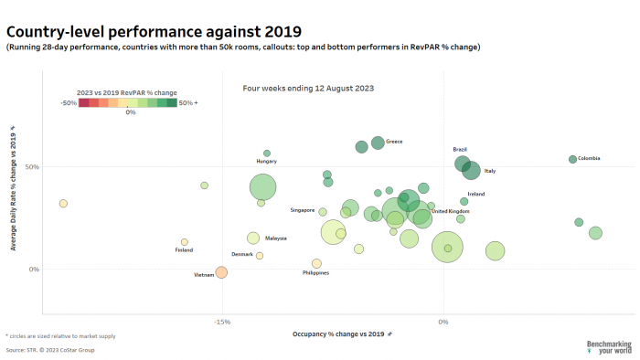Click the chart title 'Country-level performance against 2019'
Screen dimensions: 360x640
[x=154, y=32]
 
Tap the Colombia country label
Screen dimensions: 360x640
[x=589, y=159]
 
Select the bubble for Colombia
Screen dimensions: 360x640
[x=572, y=159]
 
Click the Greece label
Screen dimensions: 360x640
[x=394, y=142]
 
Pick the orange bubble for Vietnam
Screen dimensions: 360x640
[x=221, y=272]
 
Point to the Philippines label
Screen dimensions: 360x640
[x=315, y=272]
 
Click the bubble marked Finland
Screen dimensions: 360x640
[x=185, y=242]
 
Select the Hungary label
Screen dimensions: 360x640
[x=266, y=162]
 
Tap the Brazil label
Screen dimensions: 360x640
[x=460, y=149]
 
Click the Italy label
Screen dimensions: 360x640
[x=490, y=171]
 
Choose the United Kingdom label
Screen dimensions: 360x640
[x=450, y=211]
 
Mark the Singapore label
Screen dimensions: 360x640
[x=303, y=210]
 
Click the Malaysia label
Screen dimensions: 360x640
[x=275, y=238]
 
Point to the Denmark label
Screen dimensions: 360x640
[x=242, y=254]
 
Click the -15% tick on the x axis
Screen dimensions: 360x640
[x=221, y=321]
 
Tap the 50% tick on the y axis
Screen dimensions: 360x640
[x=33, y=167]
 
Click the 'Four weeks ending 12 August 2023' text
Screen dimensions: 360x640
[x=308, y=89]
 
